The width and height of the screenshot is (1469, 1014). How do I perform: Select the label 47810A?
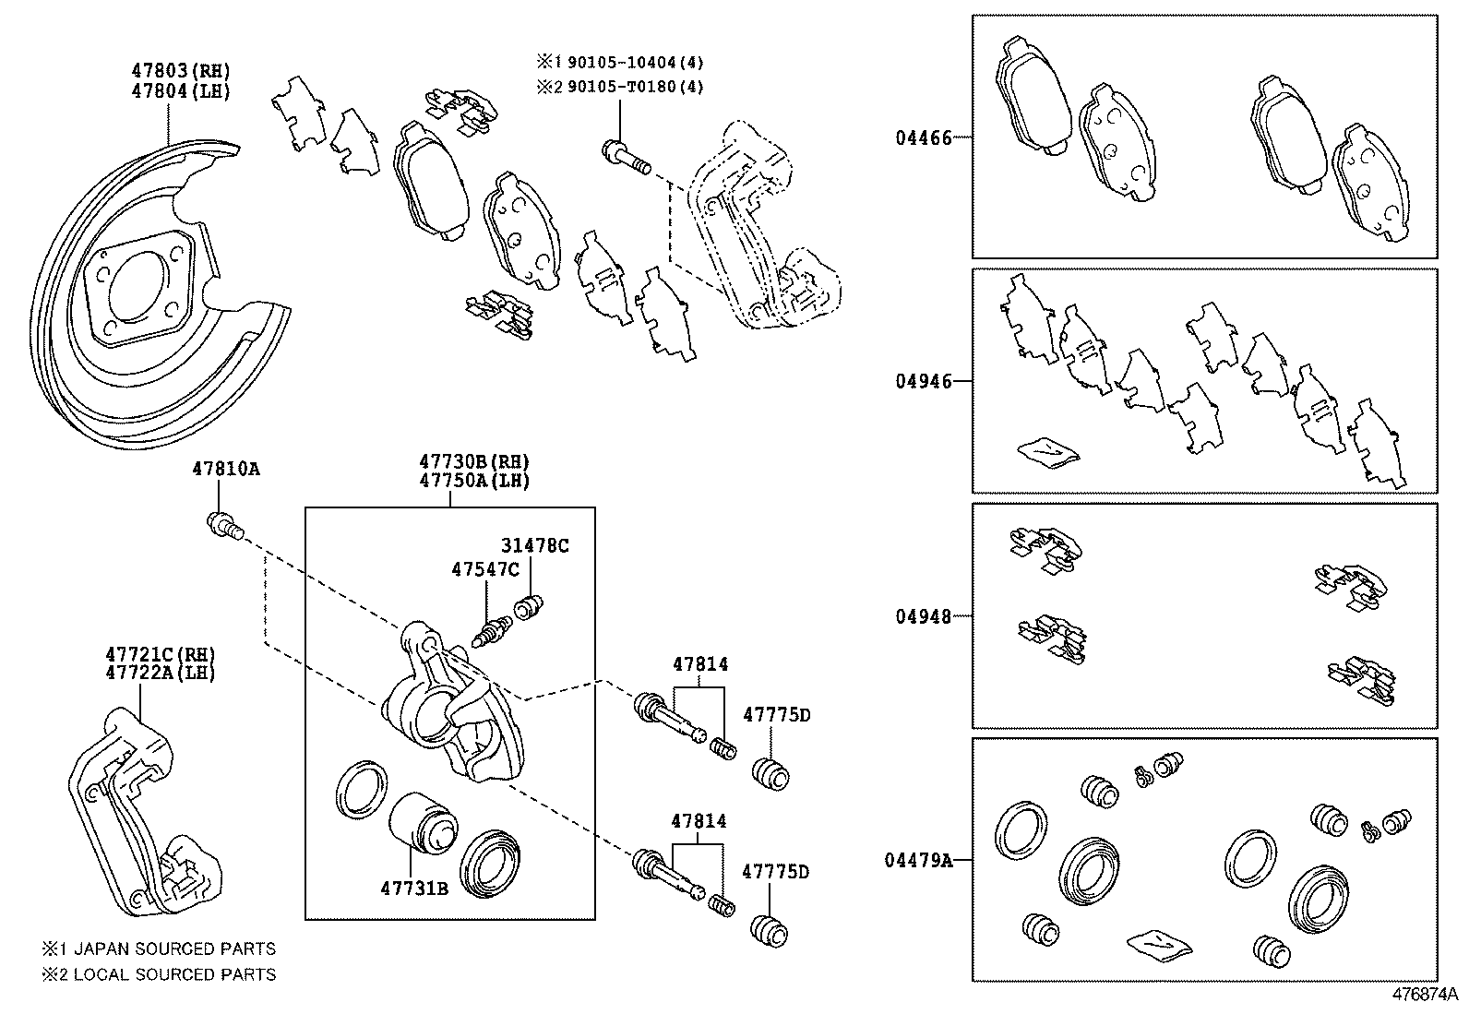click(225, 469)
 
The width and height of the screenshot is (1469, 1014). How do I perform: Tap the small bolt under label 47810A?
click(224, 527)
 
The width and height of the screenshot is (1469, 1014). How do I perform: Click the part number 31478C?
click(535, 545)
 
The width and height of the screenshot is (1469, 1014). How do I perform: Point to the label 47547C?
click(485, 569)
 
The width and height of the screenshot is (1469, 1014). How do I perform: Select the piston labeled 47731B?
click(423, 824)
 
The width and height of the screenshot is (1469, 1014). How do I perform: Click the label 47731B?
click(414, 888)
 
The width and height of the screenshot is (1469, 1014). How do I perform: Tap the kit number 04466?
click(923, 138)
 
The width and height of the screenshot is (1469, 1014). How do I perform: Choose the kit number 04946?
click(923, 381)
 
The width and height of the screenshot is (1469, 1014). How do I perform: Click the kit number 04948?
click(923, 615)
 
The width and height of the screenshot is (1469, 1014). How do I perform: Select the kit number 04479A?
click(918, 860)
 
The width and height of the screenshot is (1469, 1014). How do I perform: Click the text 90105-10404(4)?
click(636, 63)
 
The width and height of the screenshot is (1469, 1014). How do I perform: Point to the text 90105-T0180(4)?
click(636, 87)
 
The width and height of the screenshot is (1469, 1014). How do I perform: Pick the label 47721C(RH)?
click(161, 653)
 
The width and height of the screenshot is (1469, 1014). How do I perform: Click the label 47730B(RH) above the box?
click(474, 461)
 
